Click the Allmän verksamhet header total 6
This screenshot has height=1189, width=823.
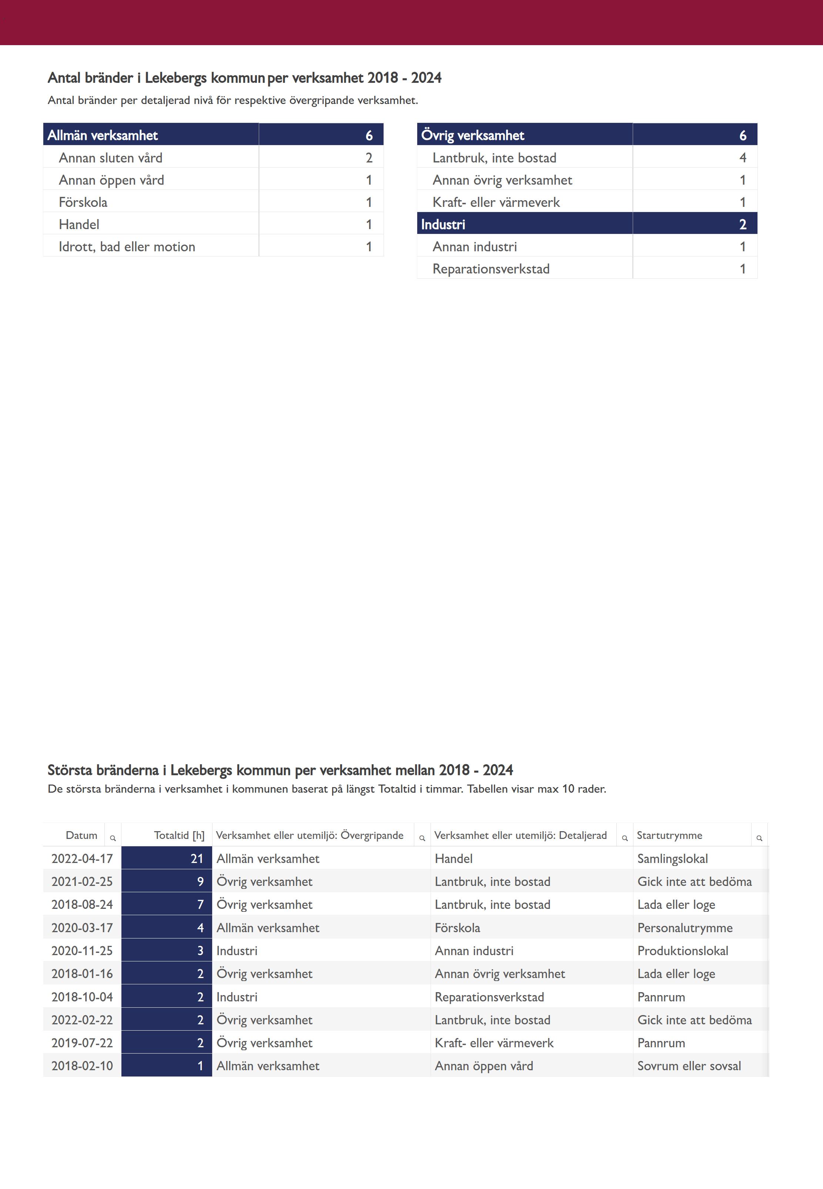point(369,135)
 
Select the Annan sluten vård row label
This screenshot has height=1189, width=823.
point(110,158)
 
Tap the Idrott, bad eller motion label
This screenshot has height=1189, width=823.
point(127,247)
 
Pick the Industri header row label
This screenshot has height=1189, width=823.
point(443,225)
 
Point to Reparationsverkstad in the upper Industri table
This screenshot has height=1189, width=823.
point(491,269)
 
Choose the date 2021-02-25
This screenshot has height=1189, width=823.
point(82,882)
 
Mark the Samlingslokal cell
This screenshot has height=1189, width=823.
point(672,859)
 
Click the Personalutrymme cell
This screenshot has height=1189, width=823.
point(685,928)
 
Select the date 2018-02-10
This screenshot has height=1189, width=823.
point(82,1066)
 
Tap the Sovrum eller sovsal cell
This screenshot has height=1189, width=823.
point(689,1066)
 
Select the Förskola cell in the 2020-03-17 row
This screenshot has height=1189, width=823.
point(457,928)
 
